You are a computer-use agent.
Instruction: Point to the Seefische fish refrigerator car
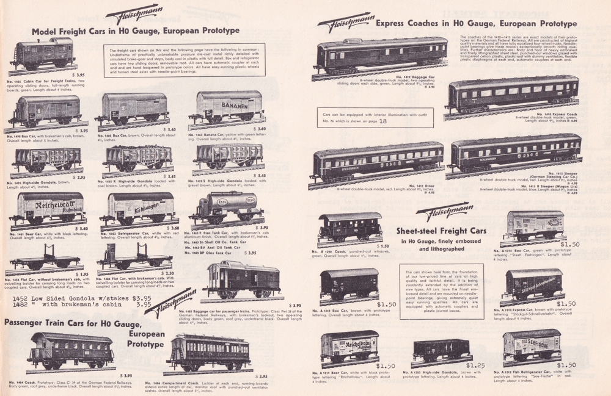coord(532,344)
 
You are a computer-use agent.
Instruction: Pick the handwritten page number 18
coord(383,121)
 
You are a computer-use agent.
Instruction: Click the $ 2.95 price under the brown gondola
coord(77,178)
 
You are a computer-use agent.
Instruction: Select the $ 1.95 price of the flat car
coord(81,274)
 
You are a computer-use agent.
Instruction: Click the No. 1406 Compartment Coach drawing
coord(210,351)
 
